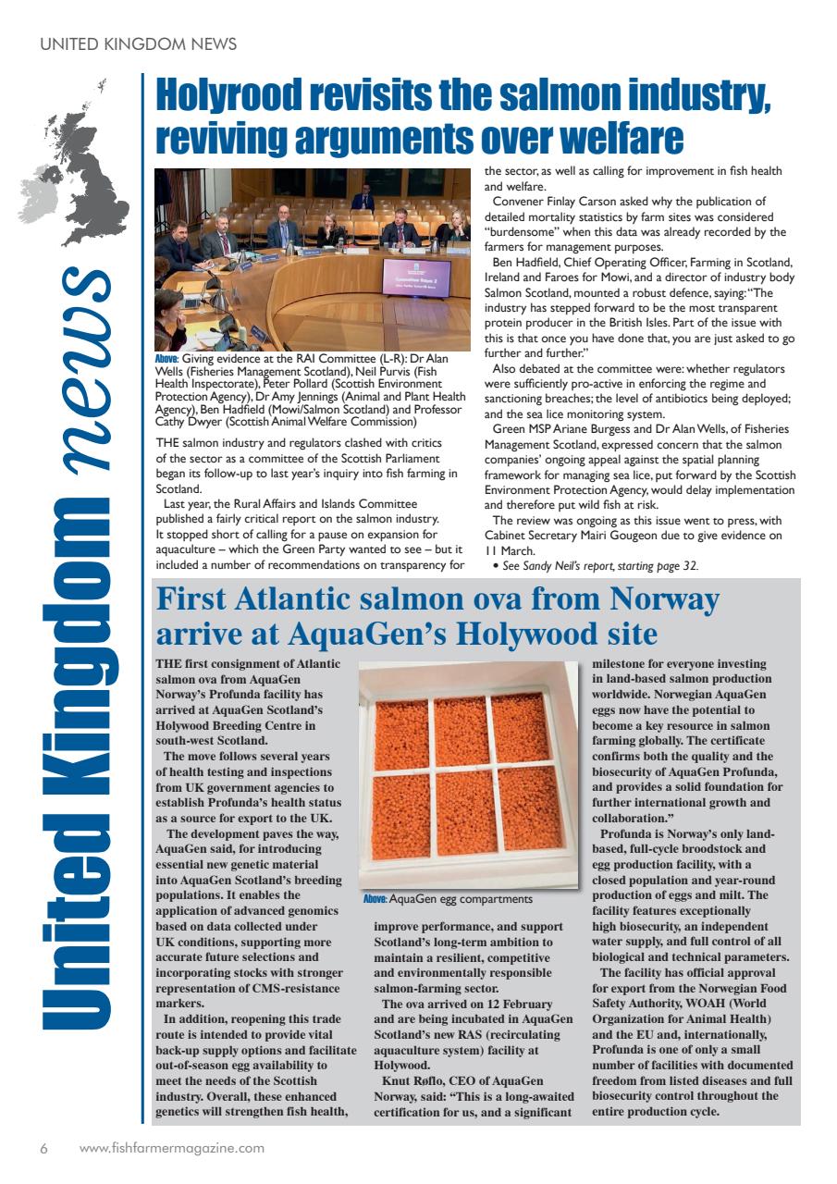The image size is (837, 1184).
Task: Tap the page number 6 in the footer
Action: click(43, 1148)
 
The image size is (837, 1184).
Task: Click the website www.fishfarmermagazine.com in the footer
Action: click(172, 1148)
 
